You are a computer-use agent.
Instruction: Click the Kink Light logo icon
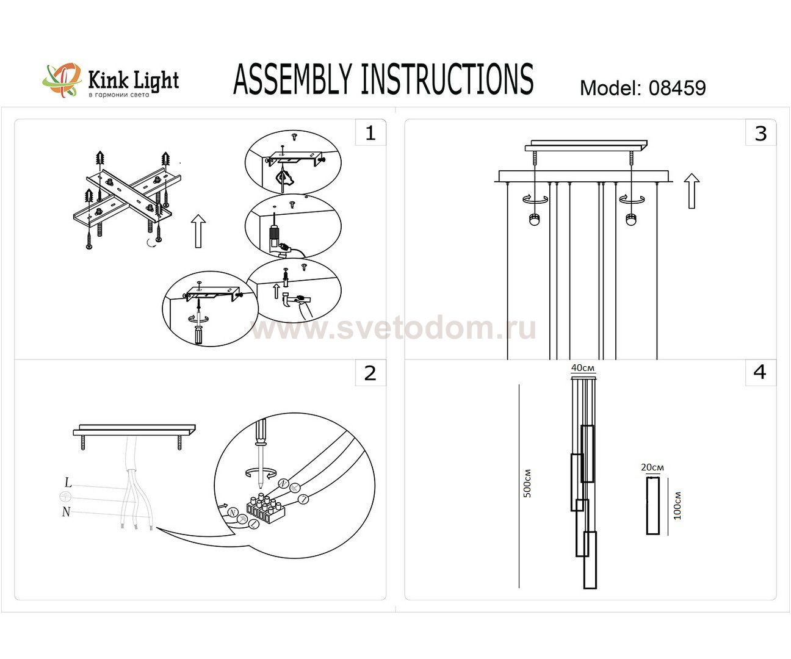[x=62, y=79]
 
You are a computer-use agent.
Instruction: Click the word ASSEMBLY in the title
[x=293, y=80]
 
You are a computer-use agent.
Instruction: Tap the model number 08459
[x=677, y=88]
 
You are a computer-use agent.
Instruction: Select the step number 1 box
[x=370, y=133]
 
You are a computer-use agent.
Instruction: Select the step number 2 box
[x=370, y=373]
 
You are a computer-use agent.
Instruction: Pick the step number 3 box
[x=760, y=133]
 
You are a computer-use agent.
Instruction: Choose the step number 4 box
[x=760, y=372]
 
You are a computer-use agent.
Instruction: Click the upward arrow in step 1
[x=198, y=231]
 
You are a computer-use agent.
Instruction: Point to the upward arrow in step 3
[x=691, y=190]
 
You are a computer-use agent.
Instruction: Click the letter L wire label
[x=68, y=483]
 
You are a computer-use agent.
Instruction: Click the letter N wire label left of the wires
[x=66, y=512]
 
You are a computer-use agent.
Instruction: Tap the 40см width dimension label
[x=583, y=368]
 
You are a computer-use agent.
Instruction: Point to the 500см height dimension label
[x=528, y=483]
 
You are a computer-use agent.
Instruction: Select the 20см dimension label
[x=652, y=467]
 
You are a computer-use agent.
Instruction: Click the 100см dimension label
[x=677, y=505]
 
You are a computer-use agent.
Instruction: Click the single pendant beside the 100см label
[x=653, y=505]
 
